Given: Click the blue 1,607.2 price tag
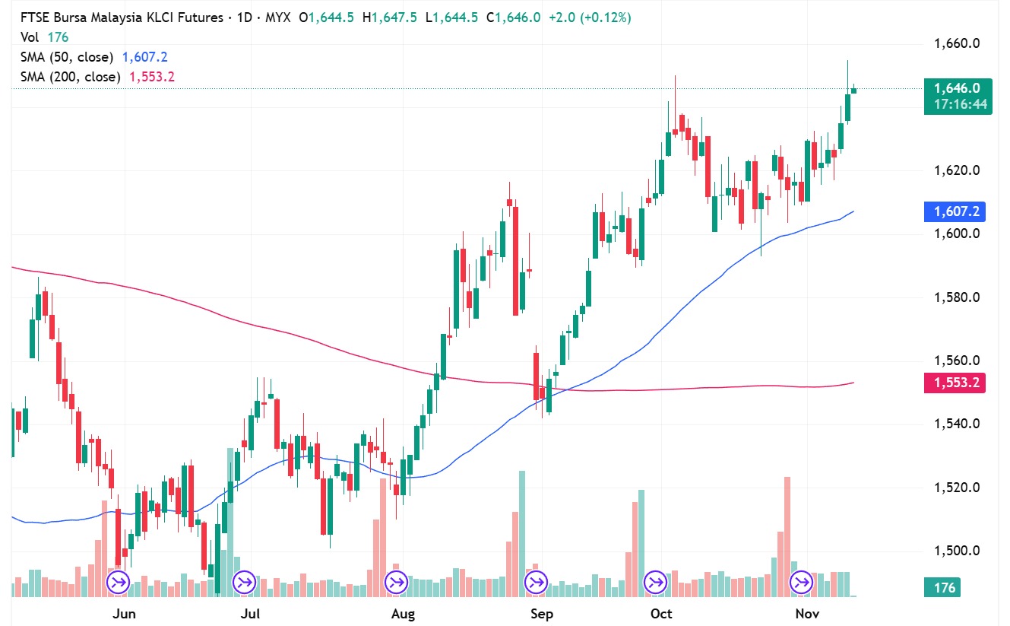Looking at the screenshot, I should click(x=955, y=212).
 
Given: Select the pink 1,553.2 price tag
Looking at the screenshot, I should click(x=955, y=383).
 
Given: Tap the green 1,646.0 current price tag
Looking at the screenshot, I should click(x=955, y=88).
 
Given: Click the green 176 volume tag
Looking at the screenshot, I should click(x=944, y=587).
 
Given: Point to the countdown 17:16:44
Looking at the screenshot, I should click(x=961, y=104).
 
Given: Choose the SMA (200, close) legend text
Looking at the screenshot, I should click(x=70, y=77).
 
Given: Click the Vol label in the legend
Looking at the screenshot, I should click(x=29, y=37).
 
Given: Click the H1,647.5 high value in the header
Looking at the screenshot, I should click(x=389, y=17).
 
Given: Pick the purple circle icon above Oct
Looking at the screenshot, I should click(x=654, y=583).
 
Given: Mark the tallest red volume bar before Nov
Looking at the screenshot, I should click(x=787, y=532).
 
